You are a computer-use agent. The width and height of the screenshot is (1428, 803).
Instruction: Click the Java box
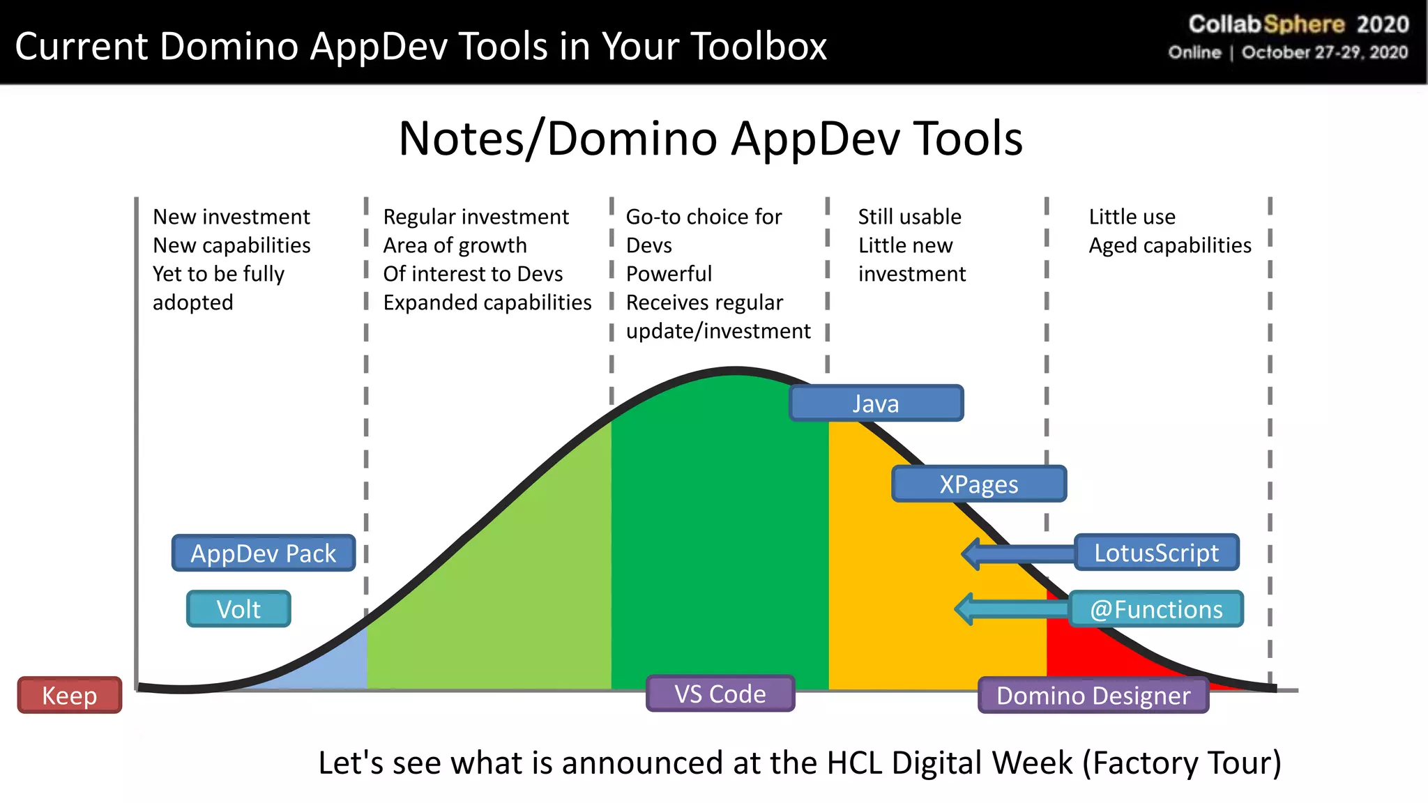point(876,404)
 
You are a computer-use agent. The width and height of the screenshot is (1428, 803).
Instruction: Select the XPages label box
point(978,484)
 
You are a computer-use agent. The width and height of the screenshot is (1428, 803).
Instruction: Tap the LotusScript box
point(1156,553)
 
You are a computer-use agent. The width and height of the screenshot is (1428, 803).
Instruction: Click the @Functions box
point(1156,610)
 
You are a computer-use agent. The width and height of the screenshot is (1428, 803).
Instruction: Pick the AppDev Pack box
point(264,553)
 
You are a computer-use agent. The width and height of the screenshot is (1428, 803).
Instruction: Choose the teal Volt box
point(238,610)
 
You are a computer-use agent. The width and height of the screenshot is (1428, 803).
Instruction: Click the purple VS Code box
point(720,694)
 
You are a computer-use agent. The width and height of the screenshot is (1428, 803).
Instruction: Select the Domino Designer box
point(1093,696)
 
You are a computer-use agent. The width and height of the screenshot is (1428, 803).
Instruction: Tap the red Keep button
point(70,696)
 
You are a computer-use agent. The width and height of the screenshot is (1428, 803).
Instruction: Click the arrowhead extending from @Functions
point(966,610)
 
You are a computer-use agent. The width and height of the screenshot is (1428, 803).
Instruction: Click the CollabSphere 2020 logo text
point(1298,24)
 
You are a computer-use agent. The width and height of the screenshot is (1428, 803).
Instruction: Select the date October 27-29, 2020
point(1324,53)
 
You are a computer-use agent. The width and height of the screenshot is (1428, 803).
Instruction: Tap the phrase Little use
point(1132,217)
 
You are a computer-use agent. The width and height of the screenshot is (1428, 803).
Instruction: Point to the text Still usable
point(909,217)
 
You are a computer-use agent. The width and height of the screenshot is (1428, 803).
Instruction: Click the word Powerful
point(669,274)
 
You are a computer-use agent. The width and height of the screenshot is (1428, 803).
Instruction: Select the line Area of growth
point(455,245)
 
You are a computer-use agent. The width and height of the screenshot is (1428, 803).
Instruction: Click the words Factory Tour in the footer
point(1181,763)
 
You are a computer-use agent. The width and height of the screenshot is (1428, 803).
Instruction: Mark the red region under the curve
point(1088,645)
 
